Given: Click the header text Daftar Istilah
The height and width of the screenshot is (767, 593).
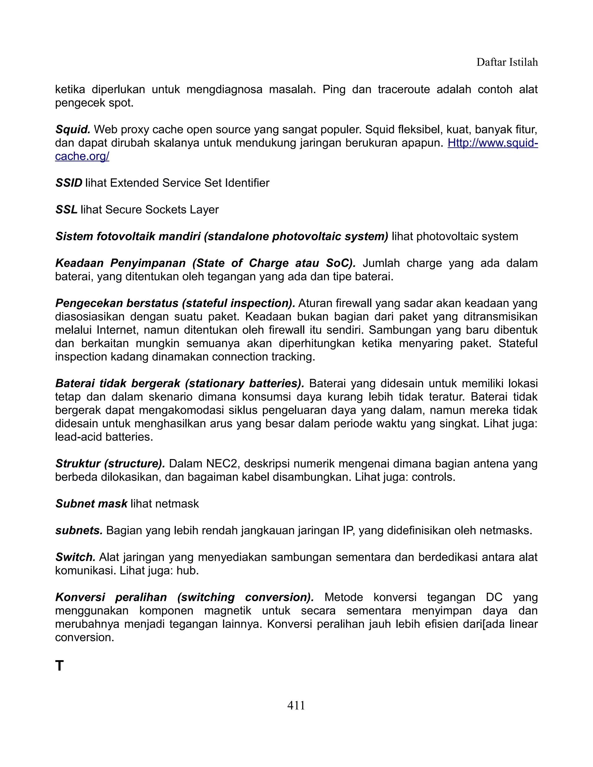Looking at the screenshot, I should point(507,63).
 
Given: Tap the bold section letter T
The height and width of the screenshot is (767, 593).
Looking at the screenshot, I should point(60,665).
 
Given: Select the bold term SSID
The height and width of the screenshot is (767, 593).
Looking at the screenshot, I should point(69,183).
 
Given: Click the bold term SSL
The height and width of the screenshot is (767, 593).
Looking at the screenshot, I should point(66,210).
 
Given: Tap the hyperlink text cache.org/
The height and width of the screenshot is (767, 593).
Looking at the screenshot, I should point(82,156).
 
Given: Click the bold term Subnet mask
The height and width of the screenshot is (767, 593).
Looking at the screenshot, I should point(91,504).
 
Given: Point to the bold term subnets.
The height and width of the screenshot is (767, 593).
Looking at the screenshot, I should point(79,530).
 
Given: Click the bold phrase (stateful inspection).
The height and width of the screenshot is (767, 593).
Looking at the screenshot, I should point(238,303).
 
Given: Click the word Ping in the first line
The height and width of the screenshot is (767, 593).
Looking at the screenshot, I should point(334,89).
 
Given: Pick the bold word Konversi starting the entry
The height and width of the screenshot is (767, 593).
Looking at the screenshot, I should point(80,597).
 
